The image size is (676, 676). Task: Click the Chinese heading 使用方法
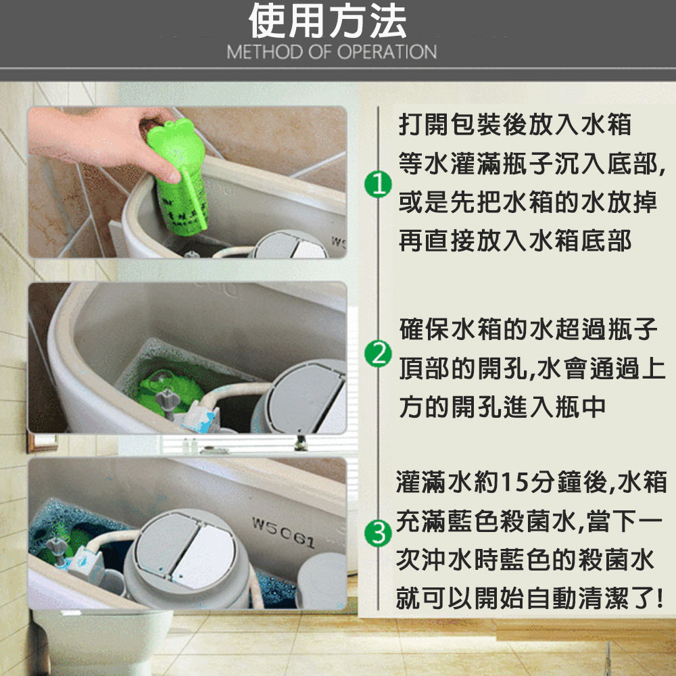328,21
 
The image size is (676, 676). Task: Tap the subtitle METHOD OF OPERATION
331,52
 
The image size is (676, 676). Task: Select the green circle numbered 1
378,185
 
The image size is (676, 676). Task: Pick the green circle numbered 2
378,354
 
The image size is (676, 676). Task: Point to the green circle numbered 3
378,533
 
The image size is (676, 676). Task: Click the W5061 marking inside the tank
283,533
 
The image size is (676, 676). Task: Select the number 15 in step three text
514,482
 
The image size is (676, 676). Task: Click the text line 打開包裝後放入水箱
514,125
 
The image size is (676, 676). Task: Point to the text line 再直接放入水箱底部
514,241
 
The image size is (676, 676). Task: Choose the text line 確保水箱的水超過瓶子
528,329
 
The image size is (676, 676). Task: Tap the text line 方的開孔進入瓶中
502,407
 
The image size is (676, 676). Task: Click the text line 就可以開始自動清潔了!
529,598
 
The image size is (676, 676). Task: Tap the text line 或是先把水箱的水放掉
528,201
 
